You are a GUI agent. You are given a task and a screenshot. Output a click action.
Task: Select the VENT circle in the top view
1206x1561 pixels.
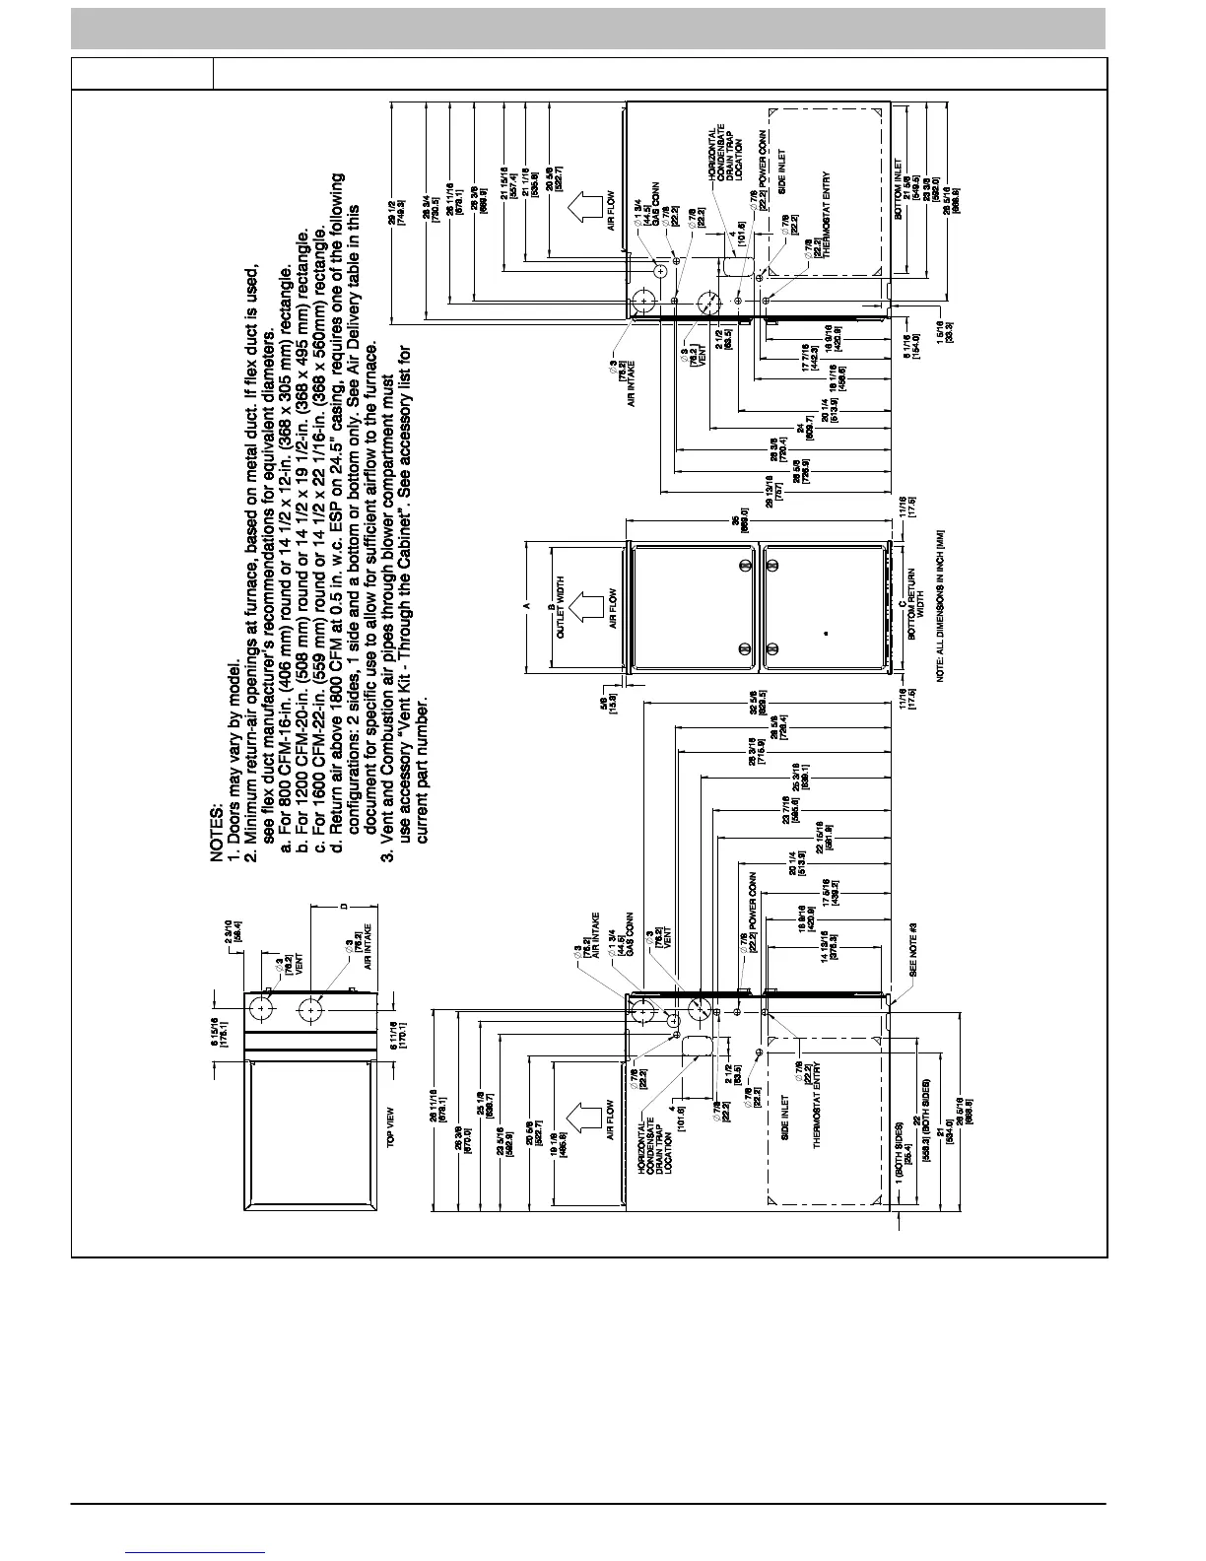(262, 1008)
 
